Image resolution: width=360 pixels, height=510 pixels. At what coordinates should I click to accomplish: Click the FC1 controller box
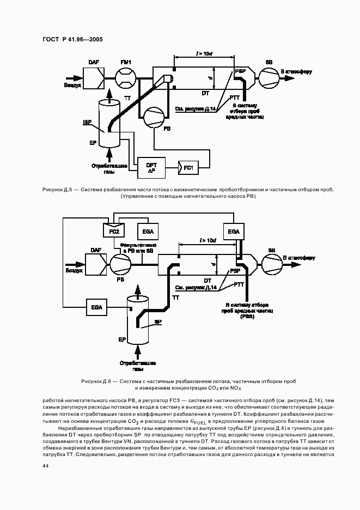pyautogui.click(x=187, y=167)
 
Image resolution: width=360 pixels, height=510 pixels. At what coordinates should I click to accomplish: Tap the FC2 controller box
pyautogui.click(x=114, y=231)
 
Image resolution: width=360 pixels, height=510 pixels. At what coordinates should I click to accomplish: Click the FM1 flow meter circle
pyautogui.click(x=126, y=79)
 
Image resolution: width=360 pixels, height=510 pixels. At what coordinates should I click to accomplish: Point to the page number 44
pyautogui.click(x=45, y=465)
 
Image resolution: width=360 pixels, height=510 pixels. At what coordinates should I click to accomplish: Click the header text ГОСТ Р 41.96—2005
pyautogui.click(x=72, y=39)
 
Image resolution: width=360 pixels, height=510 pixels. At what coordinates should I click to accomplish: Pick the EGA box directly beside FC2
pyautogui.click(x=147, y=232)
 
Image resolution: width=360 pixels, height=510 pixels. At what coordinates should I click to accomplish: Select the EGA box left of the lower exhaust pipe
pyautogui.click(x=97, y=308)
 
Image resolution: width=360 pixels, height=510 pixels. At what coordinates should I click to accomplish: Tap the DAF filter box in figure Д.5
pyautogui.click(x=94, y=80)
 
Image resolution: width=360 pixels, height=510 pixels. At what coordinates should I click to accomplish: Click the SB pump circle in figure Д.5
pyautogui.click(x=269, y=79)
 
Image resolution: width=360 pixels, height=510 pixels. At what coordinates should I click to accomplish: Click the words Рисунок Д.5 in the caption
pyautogui.click(x=57, y=190)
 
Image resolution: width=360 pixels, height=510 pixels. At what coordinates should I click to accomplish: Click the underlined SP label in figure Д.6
pyautogui.click(x=157, y=322)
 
